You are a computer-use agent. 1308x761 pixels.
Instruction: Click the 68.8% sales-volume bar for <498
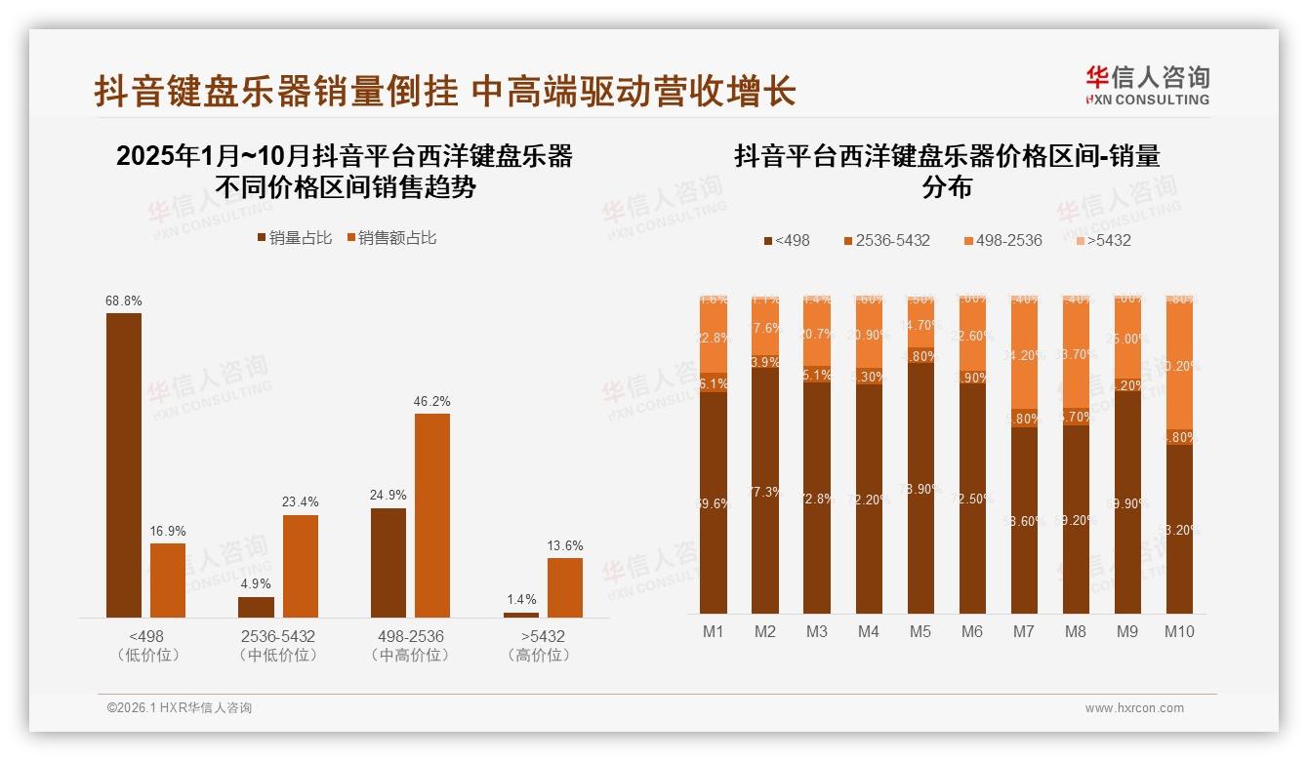124,464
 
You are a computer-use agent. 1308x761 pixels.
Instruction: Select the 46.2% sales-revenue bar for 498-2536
432,515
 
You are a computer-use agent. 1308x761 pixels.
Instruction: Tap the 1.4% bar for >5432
521,614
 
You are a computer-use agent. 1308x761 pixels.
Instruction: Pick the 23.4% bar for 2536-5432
301,566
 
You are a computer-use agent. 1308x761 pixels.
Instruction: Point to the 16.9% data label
168,532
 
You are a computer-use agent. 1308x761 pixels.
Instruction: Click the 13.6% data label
565,546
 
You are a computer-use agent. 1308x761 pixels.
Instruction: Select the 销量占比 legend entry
295,238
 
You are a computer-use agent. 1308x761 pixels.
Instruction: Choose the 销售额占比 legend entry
391,238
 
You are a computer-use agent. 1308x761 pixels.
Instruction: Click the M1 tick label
714,632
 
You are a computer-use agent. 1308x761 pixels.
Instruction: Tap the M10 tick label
1179,632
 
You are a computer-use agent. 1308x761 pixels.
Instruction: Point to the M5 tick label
920,632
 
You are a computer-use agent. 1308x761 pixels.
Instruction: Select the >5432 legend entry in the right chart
1103,241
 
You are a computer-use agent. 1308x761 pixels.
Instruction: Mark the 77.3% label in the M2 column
765,493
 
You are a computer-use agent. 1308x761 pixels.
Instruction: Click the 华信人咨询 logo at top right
1147,85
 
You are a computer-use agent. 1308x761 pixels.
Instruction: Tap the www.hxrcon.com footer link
1134,708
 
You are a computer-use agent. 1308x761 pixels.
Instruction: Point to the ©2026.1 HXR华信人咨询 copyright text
179,708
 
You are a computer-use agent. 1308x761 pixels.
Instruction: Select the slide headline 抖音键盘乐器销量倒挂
276,92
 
